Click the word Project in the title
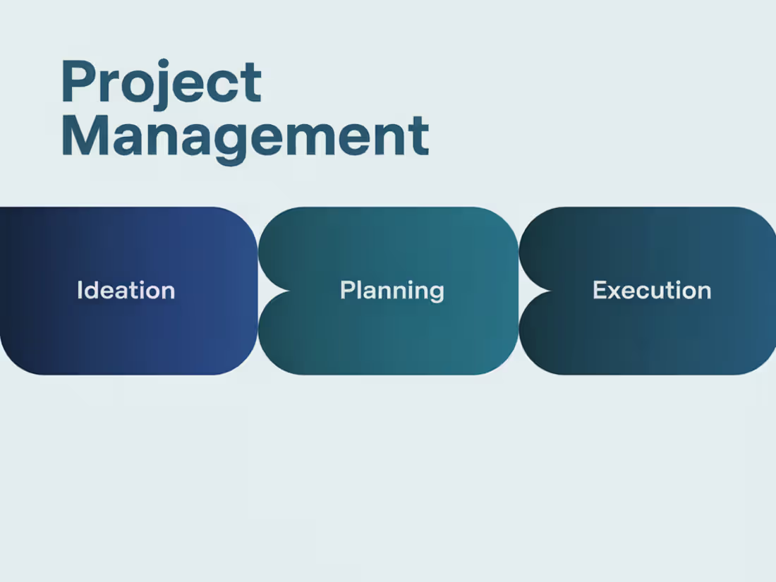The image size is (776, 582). pyautogui.click(x=161, y=83)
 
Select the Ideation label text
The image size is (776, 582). pyautogui.click(x=126, y=291)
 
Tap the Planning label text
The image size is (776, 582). pyautogui.click(x=392, y=291)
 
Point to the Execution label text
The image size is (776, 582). pyautogui.click(x=652, y=291)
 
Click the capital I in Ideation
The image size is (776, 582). pyautogui.click(x=80, y=291)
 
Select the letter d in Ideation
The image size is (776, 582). pyautogui.click(x=91, y=291)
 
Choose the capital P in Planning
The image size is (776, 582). pyautogui.click(x=346, y=291)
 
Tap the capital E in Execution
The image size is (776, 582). pyautogui.click(x=600, y=291)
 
